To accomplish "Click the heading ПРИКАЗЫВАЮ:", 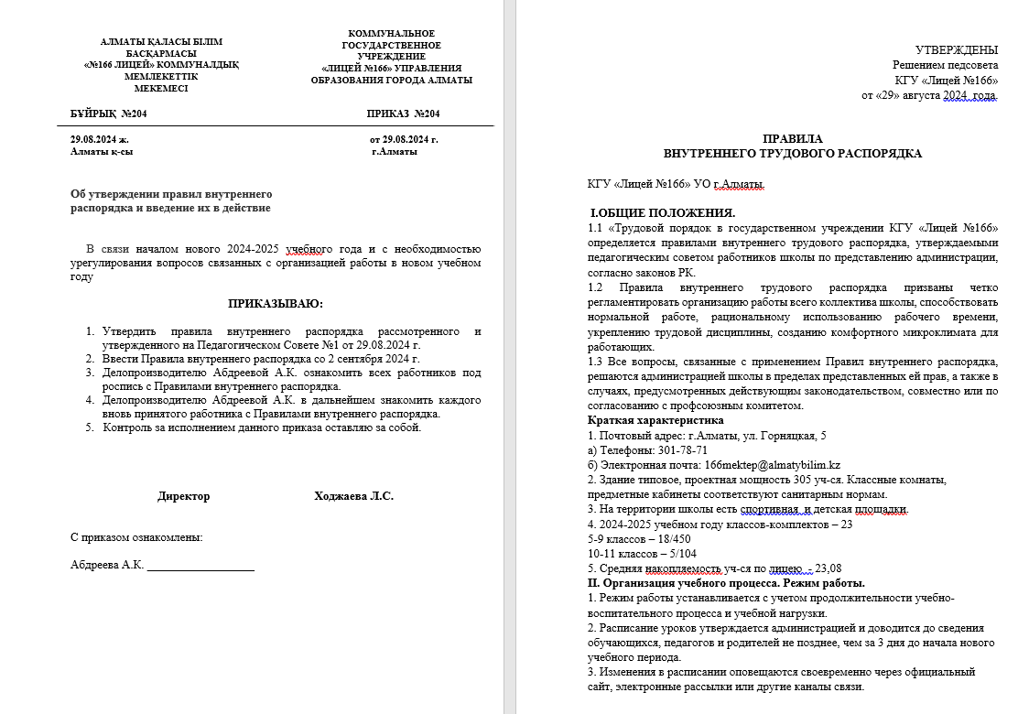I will pos(276,304).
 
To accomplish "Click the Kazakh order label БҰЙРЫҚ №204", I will pos(108,114).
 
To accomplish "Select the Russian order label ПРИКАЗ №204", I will pos(403,114).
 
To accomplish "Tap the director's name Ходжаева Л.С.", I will pos(353,496).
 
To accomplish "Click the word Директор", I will pos(183,496).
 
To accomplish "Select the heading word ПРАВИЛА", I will pos(792,138).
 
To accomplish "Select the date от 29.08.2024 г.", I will pos(404,139).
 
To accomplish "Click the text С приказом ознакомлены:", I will pos(136,537).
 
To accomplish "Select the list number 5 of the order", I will pos(90,428).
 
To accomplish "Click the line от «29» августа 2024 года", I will pos(928,94).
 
